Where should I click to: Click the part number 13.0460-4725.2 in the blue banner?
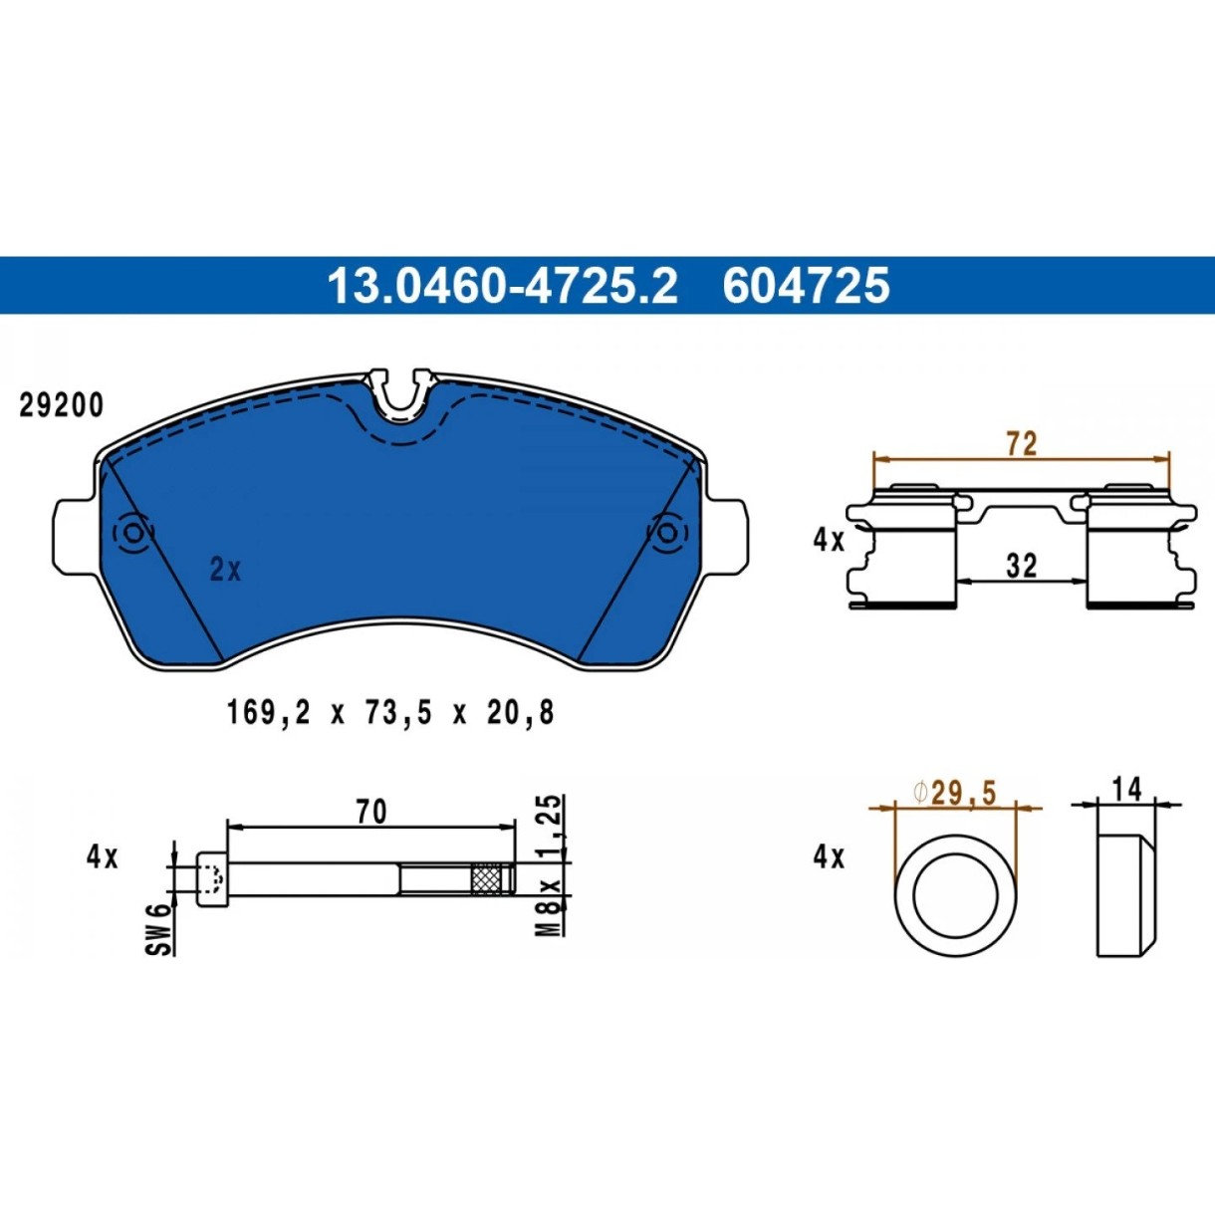503,286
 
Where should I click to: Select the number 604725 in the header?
806,286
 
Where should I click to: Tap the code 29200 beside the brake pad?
61,406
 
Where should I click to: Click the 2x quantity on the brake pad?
225,572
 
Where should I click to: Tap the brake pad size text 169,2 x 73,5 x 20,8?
391,714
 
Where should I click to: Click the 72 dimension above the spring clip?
1021,444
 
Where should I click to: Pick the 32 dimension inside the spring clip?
1021,566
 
